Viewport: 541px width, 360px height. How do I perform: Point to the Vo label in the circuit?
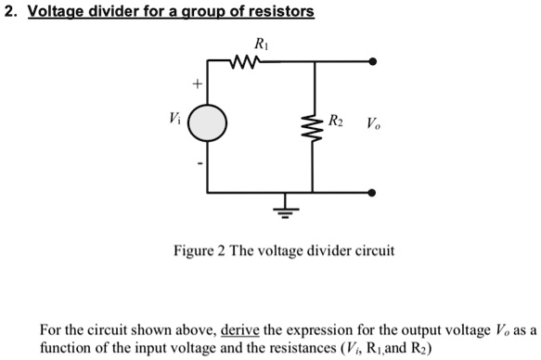point(372,124)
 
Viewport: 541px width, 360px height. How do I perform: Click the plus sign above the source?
point(195,84)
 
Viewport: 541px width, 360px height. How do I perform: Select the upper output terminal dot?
point(373,63)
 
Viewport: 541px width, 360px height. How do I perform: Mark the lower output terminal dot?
point(373,193)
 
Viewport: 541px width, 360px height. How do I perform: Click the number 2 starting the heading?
point(7,12)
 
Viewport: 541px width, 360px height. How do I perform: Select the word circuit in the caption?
point(374,251)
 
